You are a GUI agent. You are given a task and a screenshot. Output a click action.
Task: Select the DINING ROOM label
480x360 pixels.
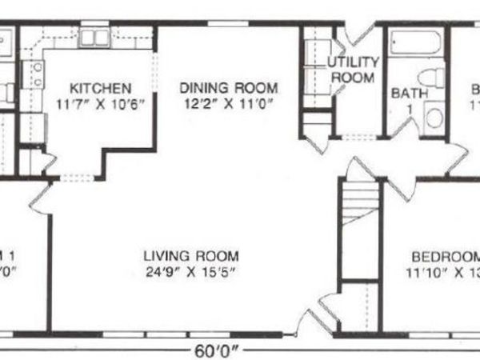click(228, 87)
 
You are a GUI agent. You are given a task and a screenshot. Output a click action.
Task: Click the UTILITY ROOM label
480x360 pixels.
click(352, 70)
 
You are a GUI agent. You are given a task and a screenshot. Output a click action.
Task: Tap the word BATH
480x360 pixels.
click(409, 93)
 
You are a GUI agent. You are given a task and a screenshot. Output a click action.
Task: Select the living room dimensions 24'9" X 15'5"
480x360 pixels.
click(191, 271)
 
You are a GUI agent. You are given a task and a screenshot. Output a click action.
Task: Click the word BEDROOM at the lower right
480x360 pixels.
click(445, 257)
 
